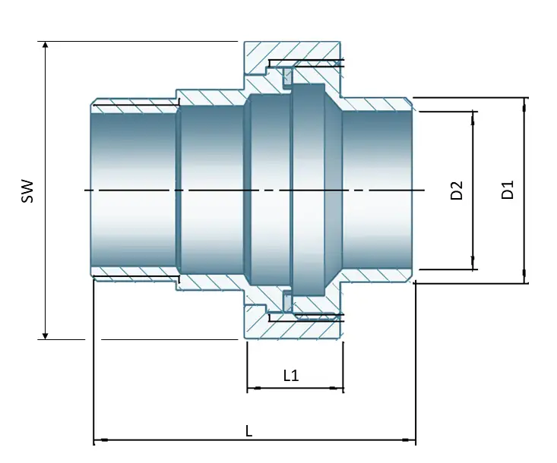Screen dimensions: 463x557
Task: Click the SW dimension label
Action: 28,190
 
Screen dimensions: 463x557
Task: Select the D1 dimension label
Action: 508,190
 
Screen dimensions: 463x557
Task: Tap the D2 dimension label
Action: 457,190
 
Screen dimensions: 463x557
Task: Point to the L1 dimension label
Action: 291,375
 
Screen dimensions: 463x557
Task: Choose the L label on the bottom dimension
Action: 248,430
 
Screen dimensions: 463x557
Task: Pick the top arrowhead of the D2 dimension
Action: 473,115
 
